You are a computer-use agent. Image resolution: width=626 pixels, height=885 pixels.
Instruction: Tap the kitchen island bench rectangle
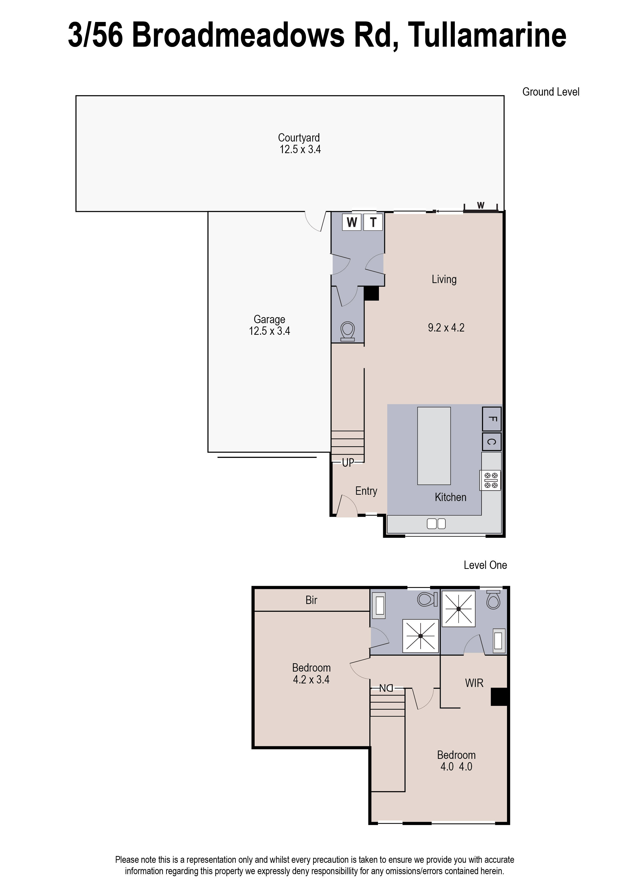point(434,445)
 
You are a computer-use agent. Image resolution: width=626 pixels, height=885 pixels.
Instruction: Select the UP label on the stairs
point(348,463)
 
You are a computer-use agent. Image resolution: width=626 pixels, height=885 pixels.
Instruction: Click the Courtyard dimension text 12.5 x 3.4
point(300,150)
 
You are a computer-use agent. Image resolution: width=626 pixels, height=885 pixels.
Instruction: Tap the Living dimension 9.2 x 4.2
point(446,328)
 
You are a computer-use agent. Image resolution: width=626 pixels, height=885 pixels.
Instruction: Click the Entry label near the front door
point(366,491)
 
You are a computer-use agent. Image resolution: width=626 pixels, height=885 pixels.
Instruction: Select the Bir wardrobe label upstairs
point(311,600)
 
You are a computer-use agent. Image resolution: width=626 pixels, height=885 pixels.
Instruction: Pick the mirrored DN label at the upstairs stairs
point(386,688)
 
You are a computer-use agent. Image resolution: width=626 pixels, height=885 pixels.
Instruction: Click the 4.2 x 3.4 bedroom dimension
point(311,679)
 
